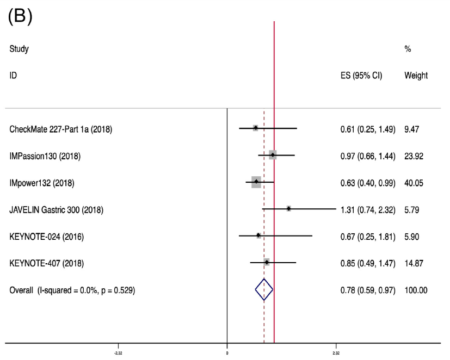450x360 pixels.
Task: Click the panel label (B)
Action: tap(21, 18)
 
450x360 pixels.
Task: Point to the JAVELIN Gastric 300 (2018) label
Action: tap(57, 209)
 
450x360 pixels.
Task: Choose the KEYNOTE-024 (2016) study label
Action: tap(46, 236)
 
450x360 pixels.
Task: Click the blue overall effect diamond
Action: tap(264, 290)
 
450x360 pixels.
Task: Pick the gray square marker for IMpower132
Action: tap(256, 182)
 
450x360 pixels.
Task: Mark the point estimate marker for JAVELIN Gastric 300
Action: tap(288, 209)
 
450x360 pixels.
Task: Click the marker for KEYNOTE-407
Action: tap(267, 263)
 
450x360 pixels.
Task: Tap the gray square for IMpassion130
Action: tap(273, 156)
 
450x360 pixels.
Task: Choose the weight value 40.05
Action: tap(414, 183)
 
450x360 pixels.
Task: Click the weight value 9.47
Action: tap(412, 129)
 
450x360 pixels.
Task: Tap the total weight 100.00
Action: tap(416, 290)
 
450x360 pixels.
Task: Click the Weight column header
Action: tap(416, 76)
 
